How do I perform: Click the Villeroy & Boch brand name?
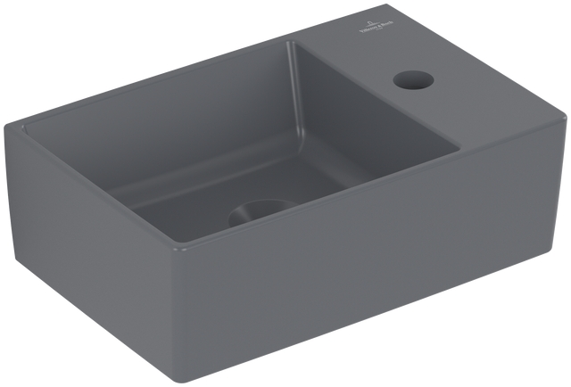pos(371,29)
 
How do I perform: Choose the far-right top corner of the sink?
pos(564,112)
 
